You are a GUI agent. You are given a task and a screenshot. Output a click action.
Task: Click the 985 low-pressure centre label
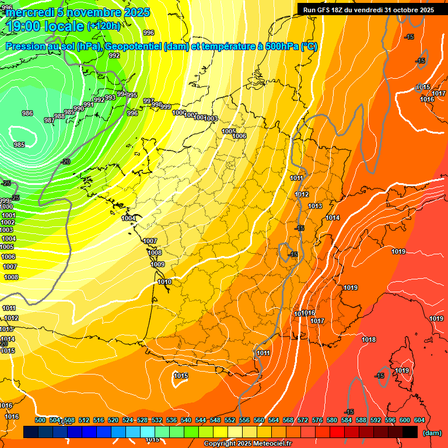(x=19, y=145)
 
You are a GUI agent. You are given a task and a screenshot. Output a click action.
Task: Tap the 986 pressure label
(x=27, y=113)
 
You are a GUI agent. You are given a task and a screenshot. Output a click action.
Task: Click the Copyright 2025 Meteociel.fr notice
(x=247, y=444)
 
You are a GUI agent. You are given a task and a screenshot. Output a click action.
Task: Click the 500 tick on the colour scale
(x=40, y=420)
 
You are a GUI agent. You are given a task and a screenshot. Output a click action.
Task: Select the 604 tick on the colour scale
(x=419, y=420)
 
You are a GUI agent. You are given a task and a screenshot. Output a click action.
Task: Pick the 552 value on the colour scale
(x=230, y=420)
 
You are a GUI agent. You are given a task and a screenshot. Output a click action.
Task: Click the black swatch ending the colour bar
(x=410, y=432)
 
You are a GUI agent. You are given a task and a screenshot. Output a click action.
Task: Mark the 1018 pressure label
(x=369, y=339)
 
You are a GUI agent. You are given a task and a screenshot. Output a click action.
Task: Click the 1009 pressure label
(x=157, y=264)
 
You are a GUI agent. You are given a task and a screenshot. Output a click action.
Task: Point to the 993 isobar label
(x=110, y=97)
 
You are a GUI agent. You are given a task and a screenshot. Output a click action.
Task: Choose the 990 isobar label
(x=79, y=108)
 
